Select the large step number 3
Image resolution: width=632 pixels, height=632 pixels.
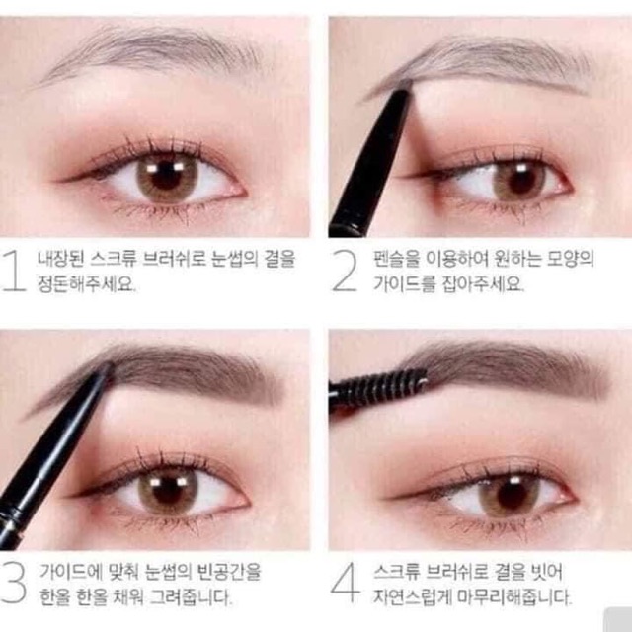click(14, 583)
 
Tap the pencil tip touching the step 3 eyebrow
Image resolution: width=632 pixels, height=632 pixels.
click(107, 369)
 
